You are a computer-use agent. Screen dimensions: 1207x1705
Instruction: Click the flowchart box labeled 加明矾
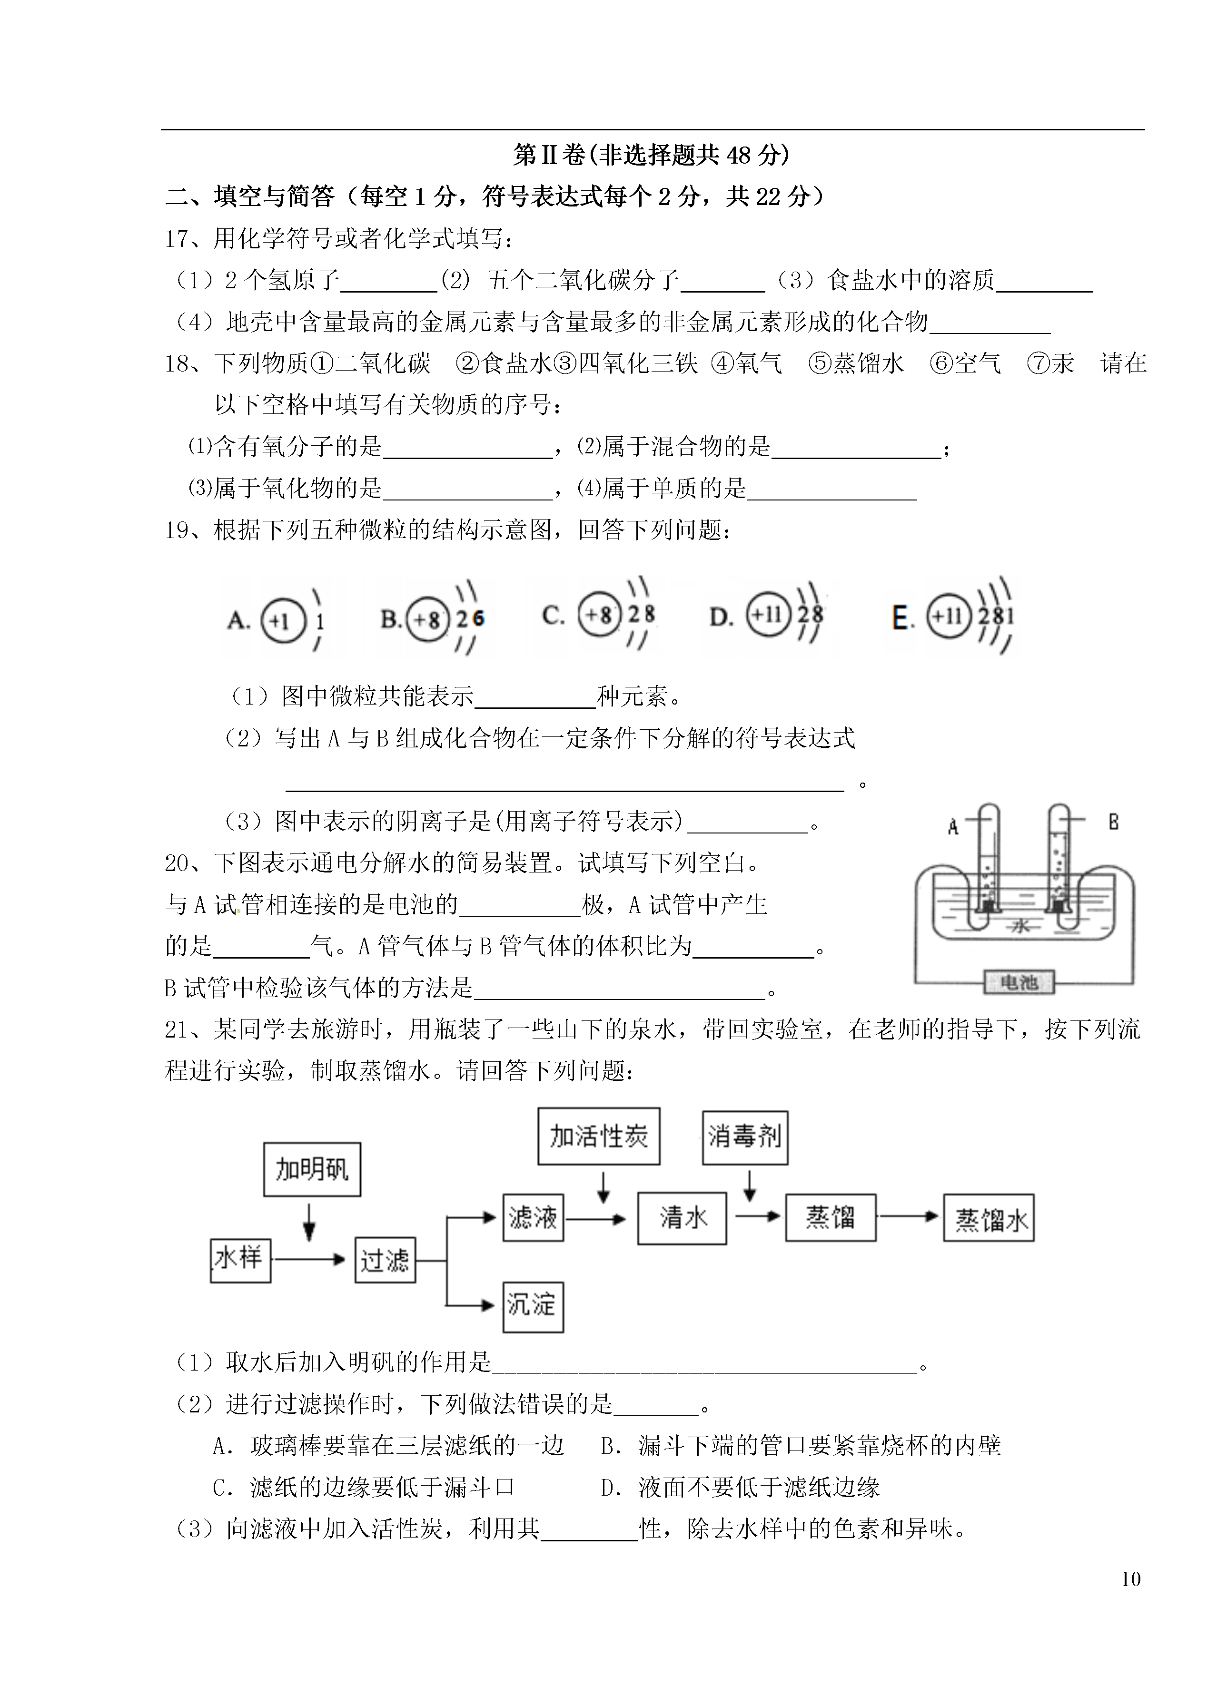coord(312,1169)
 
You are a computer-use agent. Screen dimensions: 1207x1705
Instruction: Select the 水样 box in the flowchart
coord(240,1261)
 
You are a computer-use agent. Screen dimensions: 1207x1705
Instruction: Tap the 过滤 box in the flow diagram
coord(385,1260)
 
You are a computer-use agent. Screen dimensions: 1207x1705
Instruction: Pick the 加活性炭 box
coord(599,1137)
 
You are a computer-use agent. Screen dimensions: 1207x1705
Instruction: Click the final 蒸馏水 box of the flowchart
coord(989,1218)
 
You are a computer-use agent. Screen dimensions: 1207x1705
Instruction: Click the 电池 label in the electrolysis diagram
coord(1019,982)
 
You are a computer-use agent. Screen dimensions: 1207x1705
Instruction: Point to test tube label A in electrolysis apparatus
coord(954,827)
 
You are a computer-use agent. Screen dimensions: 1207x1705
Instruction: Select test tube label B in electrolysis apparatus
coord(1113,821)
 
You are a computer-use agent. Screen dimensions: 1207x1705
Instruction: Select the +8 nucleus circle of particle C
coord(599,614)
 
